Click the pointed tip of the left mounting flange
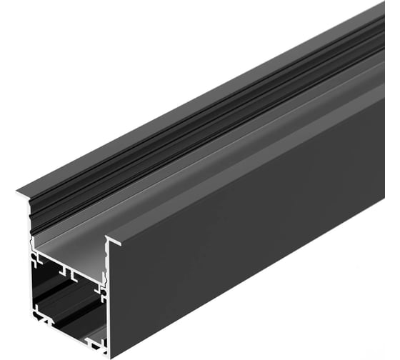tap(19, 191)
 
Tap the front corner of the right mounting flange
tap(107, 239)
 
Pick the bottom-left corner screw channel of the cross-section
tap(38, 313)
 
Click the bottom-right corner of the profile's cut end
tap(106, 353)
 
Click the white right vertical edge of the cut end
tap(108, 300)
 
